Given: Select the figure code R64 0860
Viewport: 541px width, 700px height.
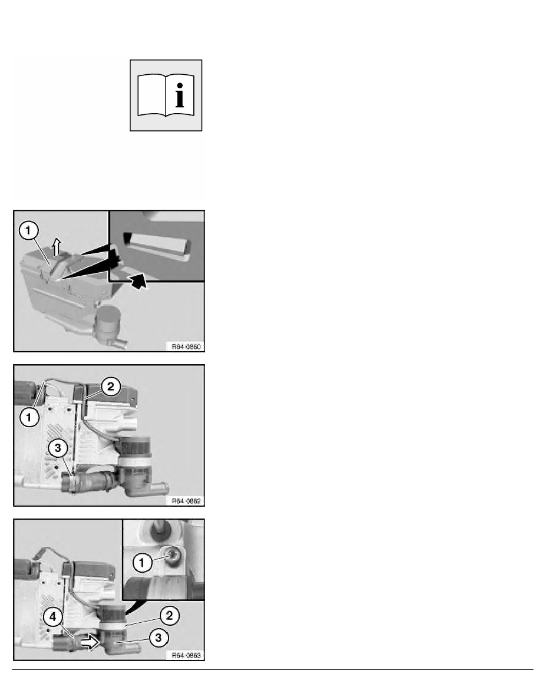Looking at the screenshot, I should pyautogui.click(x=185, y=347).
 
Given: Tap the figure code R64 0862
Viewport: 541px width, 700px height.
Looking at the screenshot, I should pyautogui.click(x=185, y=501).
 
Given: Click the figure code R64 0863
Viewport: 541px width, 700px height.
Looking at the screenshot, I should pyautogui.click(x=185, y=655).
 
